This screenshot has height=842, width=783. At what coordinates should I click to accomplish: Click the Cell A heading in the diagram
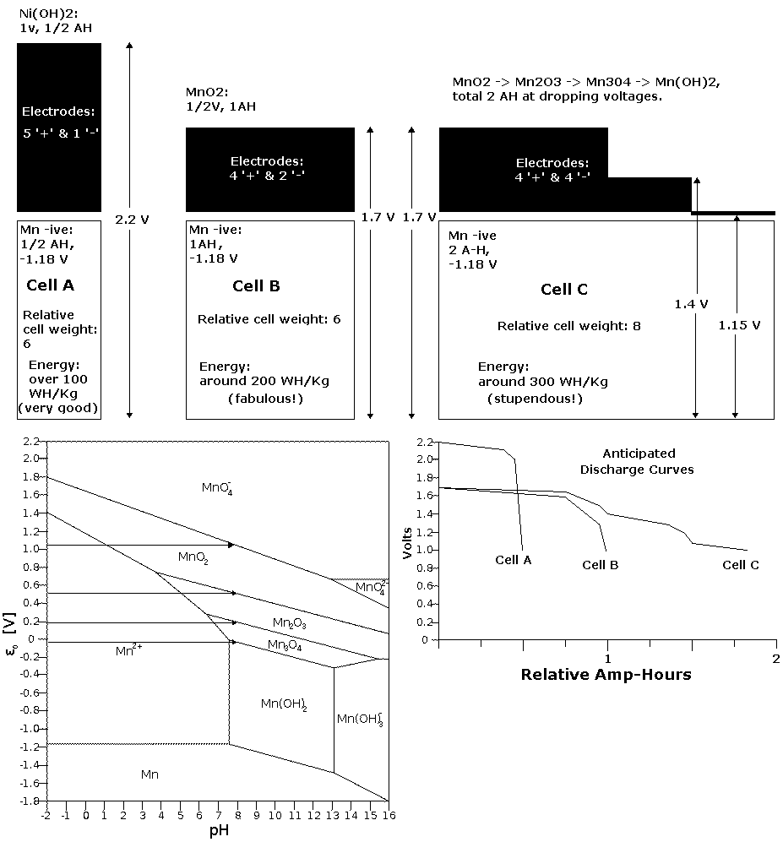point(50,285)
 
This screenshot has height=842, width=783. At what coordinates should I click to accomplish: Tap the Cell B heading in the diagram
point(256,286)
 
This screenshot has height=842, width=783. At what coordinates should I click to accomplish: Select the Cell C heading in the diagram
point(564,291)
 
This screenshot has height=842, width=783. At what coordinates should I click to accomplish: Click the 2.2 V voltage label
point(132,220)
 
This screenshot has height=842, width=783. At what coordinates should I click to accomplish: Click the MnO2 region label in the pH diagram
point(193,557)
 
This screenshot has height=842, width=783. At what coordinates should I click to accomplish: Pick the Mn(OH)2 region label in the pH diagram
point(284,703)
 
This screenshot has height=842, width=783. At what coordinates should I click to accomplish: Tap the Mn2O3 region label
point(290,623)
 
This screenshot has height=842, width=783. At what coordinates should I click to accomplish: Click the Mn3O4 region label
point(285,645)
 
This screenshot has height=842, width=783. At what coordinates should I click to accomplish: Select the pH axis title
point(218,830)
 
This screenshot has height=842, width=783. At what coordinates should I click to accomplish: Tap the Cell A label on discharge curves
point(514,559)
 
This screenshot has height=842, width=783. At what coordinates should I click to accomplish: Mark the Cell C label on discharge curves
point(740,565)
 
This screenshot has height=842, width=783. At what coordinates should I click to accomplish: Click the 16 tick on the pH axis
point(387,816)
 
